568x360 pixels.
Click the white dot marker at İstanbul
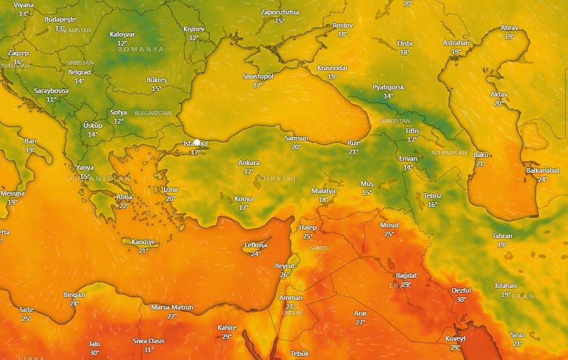[x=196, y=142]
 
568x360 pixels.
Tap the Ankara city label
[x=249, y=163]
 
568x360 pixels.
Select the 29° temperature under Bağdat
[x=406, y=284]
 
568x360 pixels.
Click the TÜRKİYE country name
[x=277, y=179]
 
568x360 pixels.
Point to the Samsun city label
[x=296, y=139]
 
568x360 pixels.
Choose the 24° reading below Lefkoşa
[x=256, y=253]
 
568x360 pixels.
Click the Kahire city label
[x=227, y=328]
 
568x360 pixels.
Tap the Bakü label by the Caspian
[x=481, y=155]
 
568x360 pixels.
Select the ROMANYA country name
[x=140, y=49]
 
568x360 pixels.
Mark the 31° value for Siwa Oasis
[x=148, y=350]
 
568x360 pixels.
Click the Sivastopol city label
[x=258, y=77]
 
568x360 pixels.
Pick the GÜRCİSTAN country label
[x=394, y=121]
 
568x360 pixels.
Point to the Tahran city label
[x=502, y=236]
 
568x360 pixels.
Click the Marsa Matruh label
[x=172, y=308]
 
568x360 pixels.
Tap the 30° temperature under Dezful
[x=461, y=299]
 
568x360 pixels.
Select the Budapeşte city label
[x=60, y=20]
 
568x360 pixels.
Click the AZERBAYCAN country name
[x=449, y=153]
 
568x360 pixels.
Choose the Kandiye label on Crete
[x=144, y=242]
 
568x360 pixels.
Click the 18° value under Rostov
[x=342, y=34]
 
